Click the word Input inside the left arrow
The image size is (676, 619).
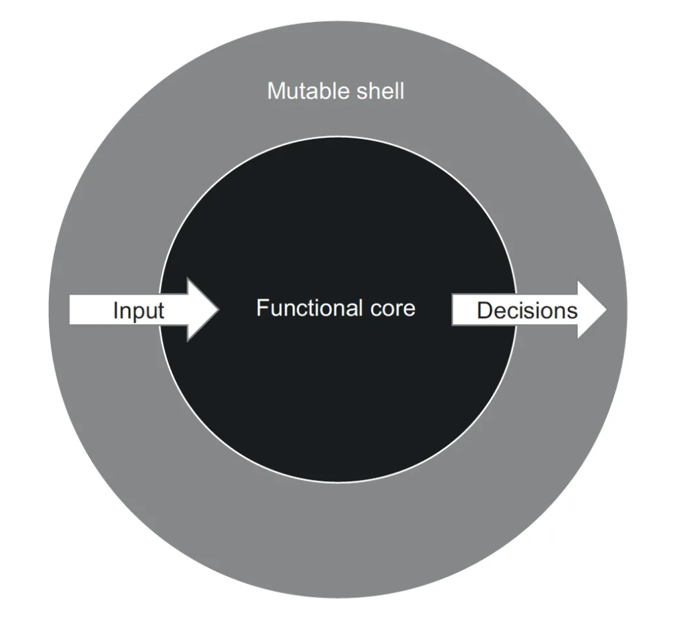(x=138, y=311)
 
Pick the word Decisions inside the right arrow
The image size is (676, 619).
(x=527, y=311)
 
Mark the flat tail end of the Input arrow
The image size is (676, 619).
(x=71, y=310)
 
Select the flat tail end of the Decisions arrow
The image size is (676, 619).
(x=454, y=310)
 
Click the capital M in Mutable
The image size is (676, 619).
(x=275, y=91)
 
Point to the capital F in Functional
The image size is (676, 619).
(x=261, y=308)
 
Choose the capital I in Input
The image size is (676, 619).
(x=116, y=311)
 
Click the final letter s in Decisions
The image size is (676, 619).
(x=572, y=312)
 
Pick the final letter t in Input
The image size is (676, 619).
(x=160, y=311)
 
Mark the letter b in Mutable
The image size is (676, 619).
(x=323, y=91)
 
